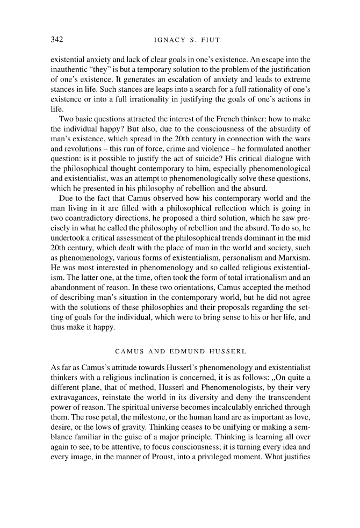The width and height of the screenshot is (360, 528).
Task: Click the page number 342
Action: pyautogui.click(x=57, y=39)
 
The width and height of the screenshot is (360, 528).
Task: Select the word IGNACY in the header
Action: pyautogui.click(x=169, y=39)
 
